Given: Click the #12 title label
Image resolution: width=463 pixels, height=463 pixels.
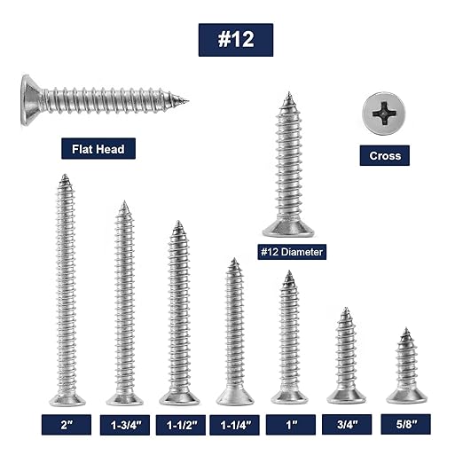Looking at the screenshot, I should click(x=235, y=40).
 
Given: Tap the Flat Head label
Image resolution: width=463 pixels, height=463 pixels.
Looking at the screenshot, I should click(x=98, y=148).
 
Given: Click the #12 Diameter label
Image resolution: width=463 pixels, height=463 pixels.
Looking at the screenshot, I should click(x=292, y=252).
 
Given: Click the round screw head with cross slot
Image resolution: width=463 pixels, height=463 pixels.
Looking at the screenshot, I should click(x=385, y=113).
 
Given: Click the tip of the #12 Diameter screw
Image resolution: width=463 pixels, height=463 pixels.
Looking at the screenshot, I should click(x=288, y=96).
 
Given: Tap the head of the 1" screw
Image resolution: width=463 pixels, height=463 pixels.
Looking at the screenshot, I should click(x=289, y=396).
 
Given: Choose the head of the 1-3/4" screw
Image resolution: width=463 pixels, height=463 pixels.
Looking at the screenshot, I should click(x=125, y=398).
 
